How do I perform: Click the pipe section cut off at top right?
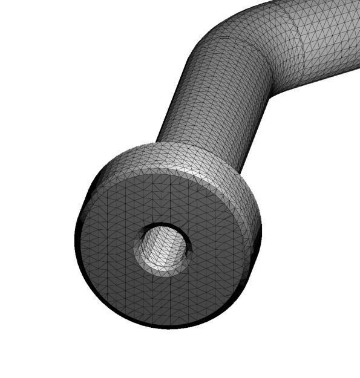[327, 36]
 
